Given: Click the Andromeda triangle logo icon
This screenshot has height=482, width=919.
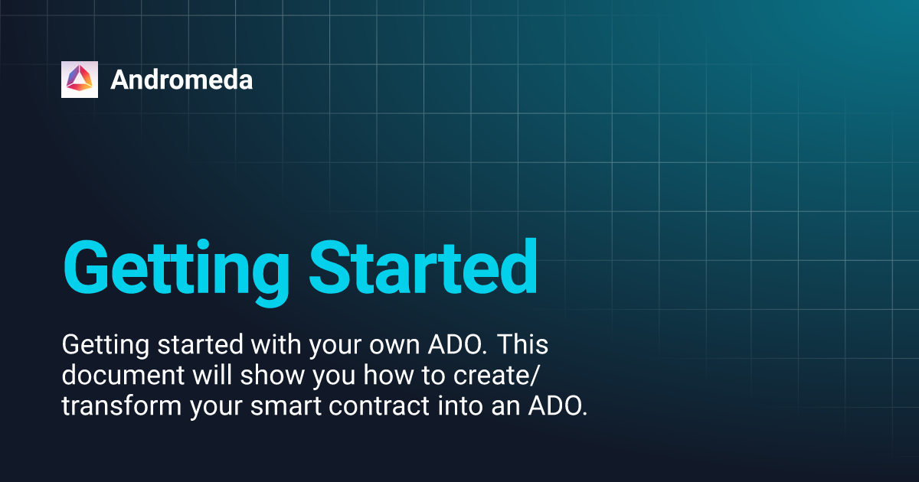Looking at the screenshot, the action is click(80, 80).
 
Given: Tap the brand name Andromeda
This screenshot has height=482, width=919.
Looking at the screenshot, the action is click(182, 80).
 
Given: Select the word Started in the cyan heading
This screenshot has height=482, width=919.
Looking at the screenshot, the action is click(423, 267).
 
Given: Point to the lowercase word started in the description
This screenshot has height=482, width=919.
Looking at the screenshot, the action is click(201, 344).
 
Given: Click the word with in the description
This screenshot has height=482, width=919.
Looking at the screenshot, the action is click(276, 344).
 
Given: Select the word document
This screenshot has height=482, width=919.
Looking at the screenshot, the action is click(123, 375).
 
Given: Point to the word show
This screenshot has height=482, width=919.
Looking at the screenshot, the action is click(273, 375).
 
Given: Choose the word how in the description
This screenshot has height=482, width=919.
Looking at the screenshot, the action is click(388, 375).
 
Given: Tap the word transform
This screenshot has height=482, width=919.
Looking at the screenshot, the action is click(122, 405).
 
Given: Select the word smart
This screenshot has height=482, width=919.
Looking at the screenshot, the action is click(286, 406).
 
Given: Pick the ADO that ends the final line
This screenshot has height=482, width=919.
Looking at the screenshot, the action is click(558, 405).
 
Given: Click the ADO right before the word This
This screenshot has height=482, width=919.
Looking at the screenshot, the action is click(457, 344).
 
